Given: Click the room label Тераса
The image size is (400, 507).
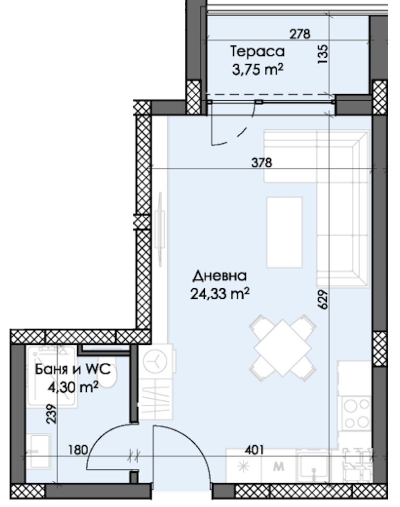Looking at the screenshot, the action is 257,52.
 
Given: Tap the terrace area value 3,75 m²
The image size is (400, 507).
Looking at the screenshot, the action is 257,69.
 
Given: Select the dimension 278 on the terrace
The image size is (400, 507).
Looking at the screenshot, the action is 300,34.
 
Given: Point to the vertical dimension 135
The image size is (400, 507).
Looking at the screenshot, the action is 323,54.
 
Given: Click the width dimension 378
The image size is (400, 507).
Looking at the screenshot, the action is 262,162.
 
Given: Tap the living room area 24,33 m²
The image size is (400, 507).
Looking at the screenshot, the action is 220,294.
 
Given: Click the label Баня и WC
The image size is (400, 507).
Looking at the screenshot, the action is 73,369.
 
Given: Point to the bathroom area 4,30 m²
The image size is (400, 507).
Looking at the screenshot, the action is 73,387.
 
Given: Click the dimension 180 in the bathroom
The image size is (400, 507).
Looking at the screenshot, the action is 78,450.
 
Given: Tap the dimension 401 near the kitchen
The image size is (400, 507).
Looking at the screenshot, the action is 255,450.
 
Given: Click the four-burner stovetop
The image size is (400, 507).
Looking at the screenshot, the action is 357,413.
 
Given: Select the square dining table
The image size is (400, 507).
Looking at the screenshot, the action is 282,347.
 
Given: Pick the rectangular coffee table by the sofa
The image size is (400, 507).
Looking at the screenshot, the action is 284,232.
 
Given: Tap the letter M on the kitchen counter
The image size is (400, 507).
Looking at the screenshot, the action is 279,466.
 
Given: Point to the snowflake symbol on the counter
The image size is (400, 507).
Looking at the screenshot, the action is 243,466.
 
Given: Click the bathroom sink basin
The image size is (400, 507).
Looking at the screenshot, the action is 40,451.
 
